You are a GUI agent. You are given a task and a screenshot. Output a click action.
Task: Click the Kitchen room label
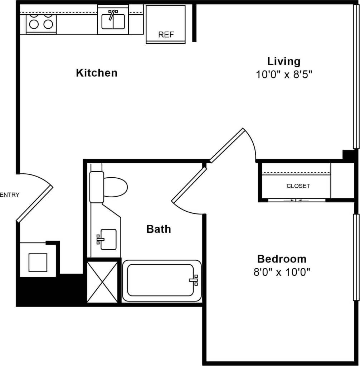pos(97,73)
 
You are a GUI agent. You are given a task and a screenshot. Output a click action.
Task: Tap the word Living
pos(284,61)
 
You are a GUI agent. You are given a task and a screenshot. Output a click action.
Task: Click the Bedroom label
pos(282,259)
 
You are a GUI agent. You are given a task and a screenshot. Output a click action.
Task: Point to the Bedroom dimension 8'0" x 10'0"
pos(282,272)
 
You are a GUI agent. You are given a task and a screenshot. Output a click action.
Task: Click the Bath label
pos(159,229)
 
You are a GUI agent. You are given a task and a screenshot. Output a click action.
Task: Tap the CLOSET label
pos(298,186)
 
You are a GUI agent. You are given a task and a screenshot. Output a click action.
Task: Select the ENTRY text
pos(10,195)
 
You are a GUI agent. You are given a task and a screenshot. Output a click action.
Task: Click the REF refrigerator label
pos(166,35)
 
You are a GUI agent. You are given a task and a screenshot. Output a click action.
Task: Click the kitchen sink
pos(113,21)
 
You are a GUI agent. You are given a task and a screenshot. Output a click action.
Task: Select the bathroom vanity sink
pos(108,239)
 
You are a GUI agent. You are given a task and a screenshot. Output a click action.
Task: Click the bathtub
pos(162,280)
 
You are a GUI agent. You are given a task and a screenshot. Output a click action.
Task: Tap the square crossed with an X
pos(102,282)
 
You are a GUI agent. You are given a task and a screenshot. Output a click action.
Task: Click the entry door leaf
pos(35,204)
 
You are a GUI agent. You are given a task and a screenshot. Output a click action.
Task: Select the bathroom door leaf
pos(189,185)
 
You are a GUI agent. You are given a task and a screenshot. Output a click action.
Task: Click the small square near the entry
pos(38,263)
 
